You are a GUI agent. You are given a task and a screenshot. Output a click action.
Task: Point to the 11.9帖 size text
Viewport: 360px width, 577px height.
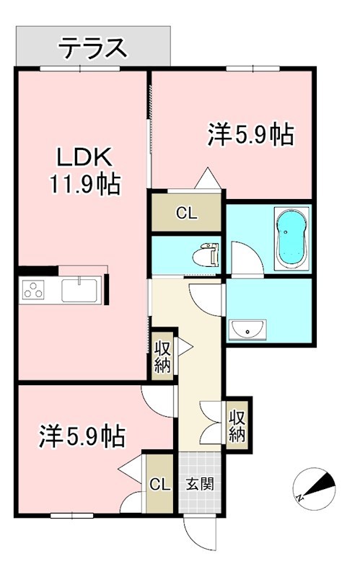84,185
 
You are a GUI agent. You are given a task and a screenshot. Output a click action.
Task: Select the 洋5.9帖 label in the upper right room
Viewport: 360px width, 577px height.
251,134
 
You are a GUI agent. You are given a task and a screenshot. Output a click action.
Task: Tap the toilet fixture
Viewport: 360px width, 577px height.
207,254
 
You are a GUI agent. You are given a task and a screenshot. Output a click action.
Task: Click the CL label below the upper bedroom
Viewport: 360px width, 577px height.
186,213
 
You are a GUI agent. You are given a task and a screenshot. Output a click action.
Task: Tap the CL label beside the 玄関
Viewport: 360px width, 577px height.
159,483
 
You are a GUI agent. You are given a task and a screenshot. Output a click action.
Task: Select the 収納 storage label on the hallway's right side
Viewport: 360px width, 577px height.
237,425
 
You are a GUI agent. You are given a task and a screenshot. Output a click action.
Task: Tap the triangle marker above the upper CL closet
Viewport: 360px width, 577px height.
207,177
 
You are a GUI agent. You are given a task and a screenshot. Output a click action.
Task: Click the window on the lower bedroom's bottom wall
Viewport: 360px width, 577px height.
71,515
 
